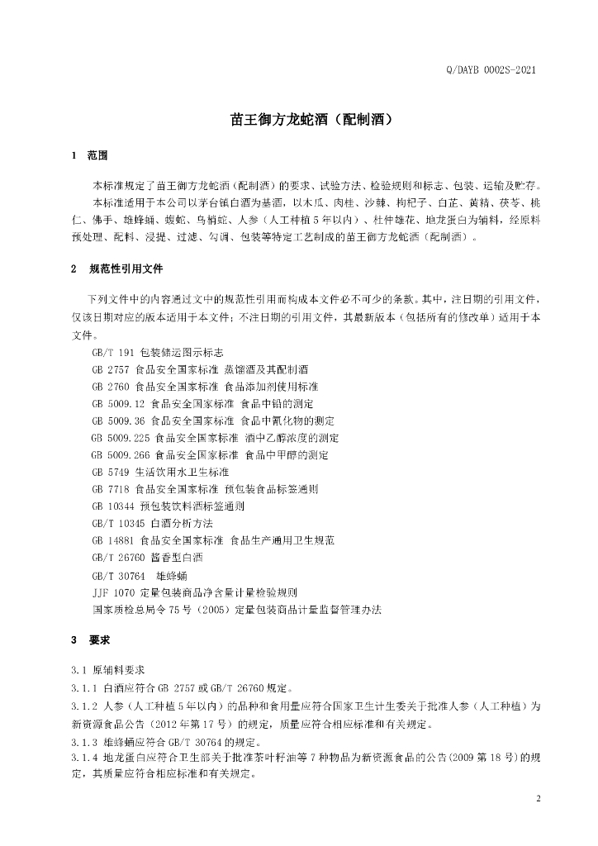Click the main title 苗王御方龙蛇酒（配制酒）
[x=298, y=119]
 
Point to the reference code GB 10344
[x=113, y=506]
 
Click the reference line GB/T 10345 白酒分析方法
[x=153, y=524]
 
